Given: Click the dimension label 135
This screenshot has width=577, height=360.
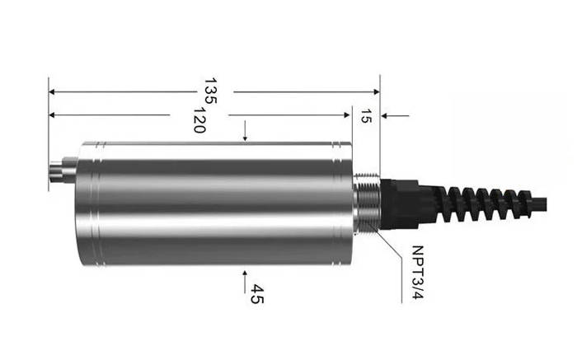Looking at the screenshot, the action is pyautogui.click(x=210, y=91).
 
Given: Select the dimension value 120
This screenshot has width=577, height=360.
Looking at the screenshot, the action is pyautogui.click(x=199, y=120).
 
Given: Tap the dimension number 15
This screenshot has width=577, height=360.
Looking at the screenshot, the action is pyautogui.click(x=365, y=116).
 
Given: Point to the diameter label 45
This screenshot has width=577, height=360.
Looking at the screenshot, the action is pyautogui.click(x=257, y=294).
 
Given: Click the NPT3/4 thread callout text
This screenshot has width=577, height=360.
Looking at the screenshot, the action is pyautogui.click(x=417, y=273).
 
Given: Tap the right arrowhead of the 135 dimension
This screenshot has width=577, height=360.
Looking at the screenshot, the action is pyautogui.click(x=377, y=91).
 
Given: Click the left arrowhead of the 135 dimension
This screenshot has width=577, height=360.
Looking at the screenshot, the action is pyautogui.click(x=52, y=91).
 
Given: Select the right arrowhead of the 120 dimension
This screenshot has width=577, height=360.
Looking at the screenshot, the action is pyautogui.click(x=346, y=115).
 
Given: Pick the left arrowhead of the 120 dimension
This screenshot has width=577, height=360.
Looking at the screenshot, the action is pyautogui.click(x=52, y=115).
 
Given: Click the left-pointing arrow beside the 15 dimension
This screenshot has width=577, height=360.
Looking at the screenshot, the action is pyautogui.click(x=395, y=116).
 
